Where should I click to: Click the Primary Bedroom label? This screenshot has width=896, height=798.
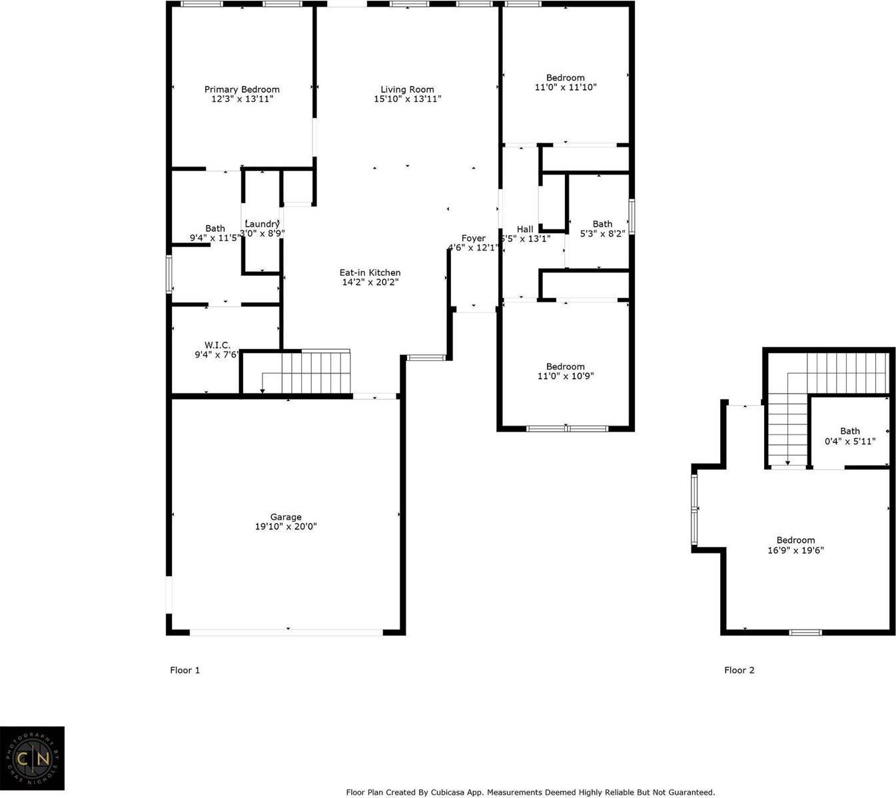point(242,89)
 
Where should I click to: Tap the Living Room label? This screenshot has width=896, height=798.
point(407,89)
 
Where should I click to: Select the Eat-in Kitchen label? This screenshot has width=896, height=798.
point(370,272)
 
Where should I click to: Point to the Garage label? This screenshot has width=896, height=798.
point(286,517)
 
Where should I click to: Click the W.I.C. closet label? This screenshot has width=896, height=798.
point(217,345)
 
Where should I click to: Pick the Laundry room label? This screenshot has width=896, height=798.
point(262,224)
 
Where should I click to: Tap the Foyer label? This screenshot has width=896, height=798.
point(474,238)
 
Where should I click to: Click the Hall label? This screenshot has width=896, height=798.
point(525,229)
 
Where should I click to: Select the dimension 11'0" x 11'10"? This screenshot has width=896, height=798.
point(566,87)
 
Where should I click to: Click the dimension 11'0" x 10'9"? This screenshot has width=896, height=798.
point(566,376)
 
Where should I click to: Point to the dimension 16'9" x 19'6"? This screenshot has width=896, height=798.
point(795,551)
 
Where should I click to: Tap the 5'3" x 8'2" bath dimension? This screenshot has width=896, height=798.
point(602,234)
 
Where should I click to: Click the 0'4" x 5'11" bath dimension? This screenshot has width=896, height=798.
point(850,441)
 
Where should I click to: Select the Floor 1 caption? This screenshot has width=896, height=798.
point(185,670)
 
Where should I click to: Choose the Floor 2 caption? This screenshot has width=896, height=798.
point(739,670)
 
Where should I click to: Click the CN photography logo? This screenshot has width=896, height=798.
point(32,759)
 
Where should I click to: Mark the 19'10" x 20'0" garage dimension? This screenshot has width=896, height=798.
point(286,527)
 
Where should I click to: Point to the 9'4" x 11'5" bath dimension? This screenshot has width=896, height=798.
point(215,238)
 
